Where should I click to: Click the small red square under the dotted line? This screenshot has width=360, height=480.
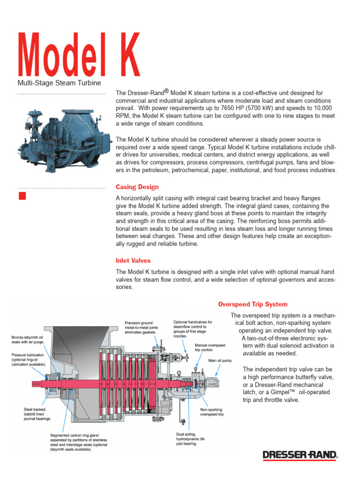(x=22, y=196)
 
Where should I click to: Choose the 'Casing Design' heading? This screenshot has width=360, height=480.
(x=137, y=187)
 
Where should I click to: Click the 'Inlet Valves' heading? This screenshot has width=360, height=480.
(x=133, y=260)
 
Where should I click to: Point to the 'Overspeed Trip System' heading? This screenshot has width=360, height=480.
(x=253, y=304)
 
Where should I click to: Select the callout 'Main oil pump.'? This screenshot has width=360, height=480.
(x=221, y=360)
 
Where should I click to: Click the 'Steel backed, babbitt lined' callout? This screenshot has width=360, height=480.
(x=37, y=414)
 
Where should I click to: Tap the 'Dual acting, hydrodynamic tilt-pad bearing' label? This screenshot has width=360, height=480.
(x=186, y=439)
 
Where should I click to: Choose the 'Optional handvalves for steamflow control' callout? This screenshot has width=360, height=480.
(x=193, y=329)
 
